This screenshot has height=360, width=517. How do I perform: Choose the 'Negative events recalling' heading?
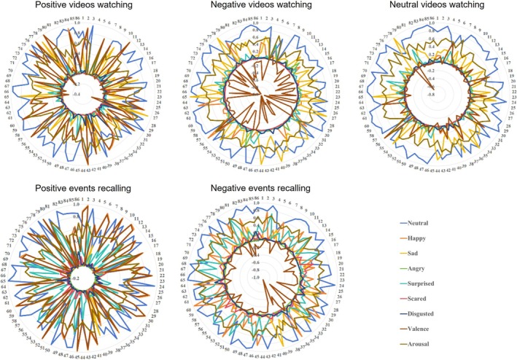[260, 189]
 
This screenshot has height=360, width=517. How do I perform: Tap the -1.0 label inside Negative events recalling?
[254, 277]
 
